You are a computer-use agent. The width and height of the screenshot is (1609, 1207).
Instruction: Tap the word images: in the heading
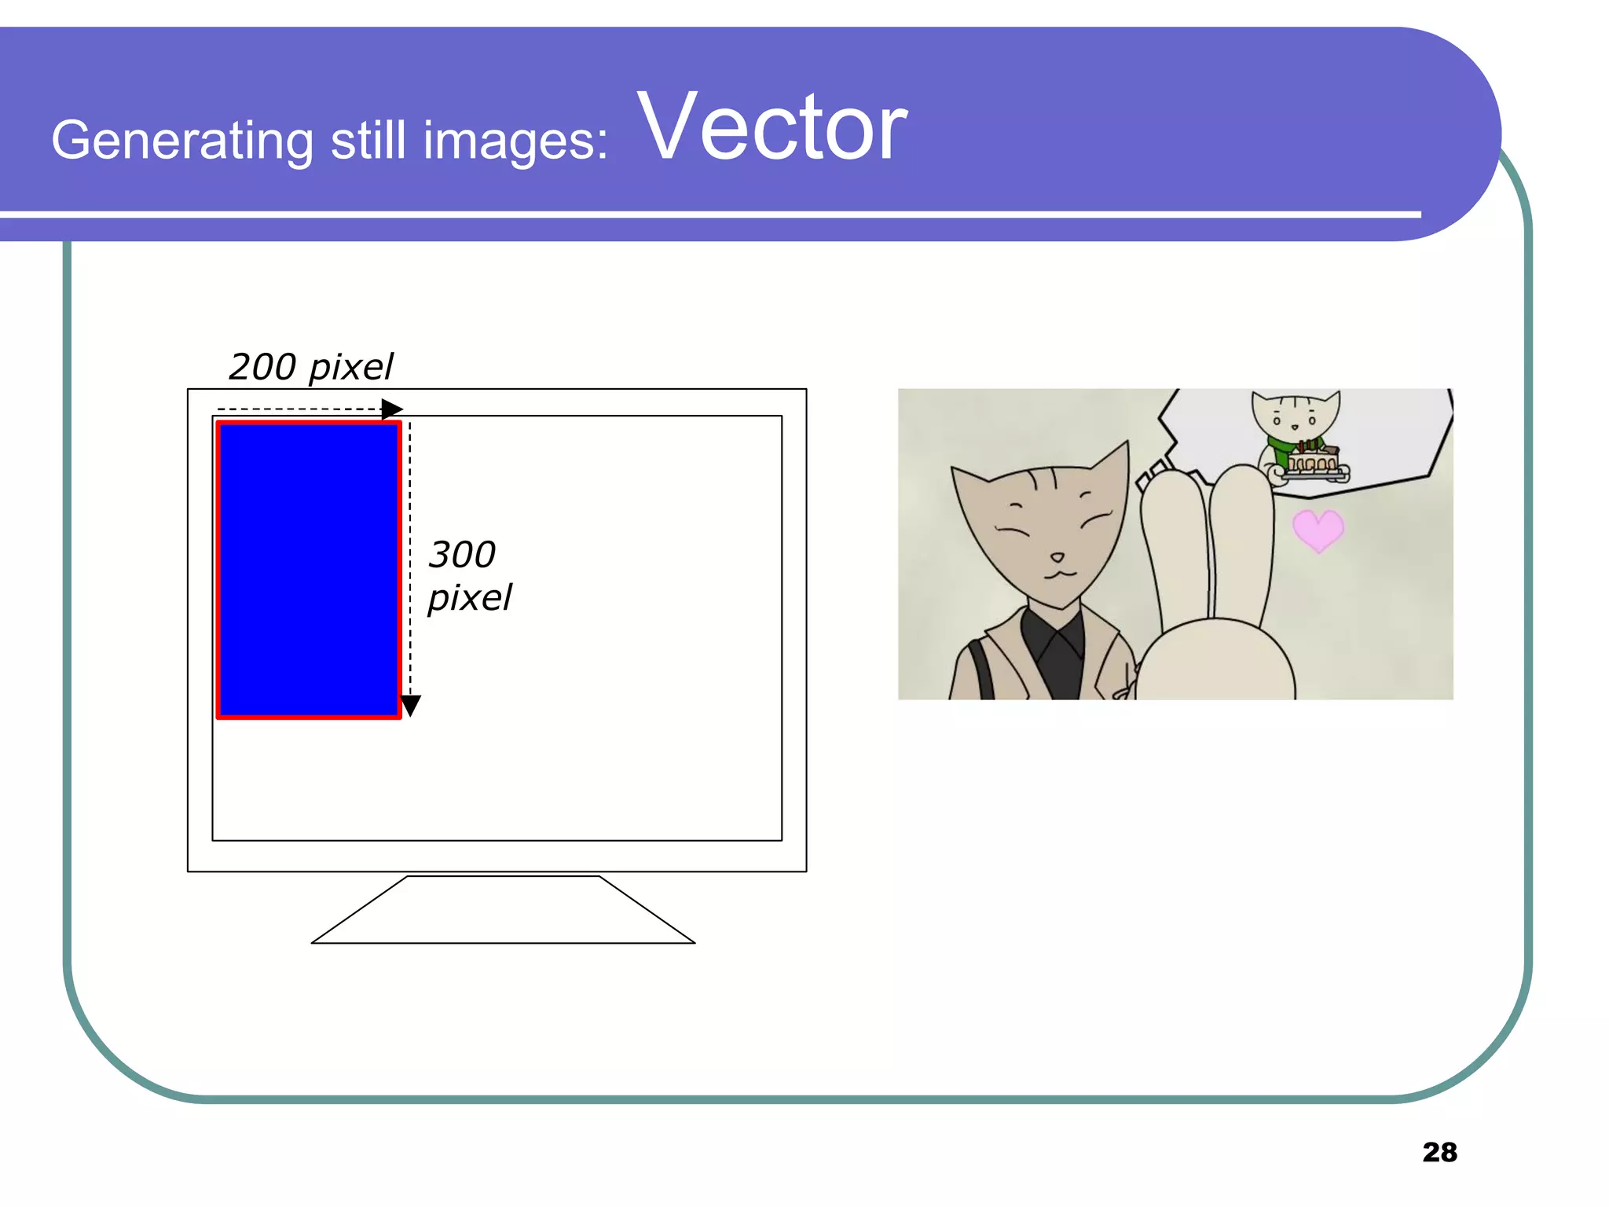click(x=515, y=141)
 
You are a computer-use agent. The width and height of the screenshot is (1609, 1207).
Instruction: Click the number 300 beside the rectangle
click(x=462, y=555)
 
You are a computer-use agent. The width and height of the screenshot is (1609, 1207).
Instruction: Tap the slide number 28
click(x=1439, y=1152)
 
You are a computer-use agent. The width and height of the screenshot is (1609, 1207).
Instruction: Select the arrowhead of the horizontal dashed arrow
click(x=392, y=409)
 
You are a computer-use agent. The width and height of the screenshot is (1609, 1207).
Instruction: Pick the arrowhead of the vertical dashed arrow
click(x=410, y=705)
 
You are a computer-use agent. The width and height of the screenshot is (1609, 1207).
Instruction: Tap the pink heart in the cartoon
click(x=1318, y=530)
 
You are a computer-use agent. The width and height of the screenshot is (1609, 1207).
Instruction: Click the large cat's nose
click(x=1057, y=557)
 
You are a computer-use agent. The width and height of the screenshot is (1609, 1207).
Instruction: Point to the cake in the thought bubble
click(x=1314, y=461)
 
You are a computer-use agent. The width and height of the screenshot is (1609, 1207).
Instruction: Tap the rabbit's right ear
click(x=1241, y=534)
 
